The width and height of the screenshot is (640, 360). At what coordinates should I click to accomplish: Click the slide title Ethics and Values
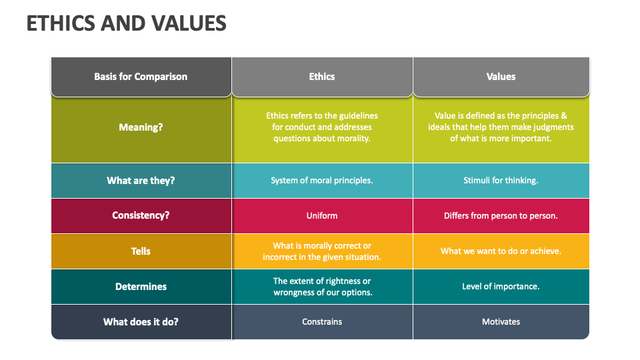[126, 23]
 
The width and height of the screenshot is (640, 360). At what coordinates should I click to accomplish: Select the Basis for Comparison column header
[141, 77]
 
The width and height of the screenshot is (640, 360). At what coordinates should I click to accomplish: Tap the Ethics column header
[322, 77]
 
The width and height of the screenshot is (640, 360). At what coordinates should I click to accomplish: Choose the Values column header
[501, 77]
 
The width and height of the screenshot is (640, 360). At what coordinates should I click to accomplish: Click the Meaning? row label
[141, 127]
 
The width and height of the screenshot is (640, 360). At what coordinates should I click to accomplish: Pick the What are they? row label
[141, 181]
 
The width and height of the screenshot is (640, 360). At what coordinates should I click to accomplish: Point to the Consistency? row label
[141, 215]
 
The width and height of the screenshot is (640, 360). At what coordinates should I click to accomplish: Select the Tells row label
[141, 251]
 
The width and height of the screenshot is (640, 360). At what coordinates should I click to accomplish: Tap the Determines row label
[141, 287]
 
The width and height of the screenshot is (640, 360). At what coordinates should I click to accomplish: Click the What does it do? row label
[141, 322]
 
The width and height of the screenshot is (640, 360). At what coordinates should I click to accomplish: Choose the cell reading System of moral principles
[322, 181]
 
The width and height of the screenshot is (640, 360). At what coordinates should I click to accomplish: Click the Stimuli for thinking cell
[501, 181]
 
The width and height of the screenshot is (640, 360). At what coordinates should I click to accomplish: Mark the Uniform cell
[322, 215]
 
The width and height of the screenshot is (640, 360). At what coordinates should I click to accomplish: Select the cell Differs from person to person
[501, 215]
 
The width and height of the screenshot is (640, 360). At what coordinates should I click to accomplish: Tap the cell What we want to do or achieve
[501, 251]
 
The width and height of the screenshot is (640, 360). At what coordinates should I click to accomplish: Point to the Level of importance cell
[501, 287]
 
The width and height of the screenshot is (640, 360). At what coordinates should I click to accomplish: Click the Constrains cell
[322, 321]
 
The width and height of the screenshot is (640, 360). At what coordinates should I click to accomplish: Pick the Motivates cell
[501, 321]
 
